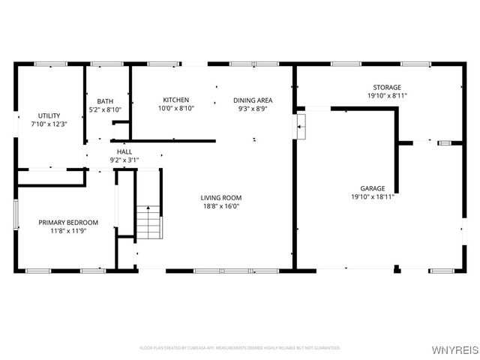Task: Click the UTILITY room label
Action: (39, 115)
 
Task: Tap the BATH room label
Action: (105, 101)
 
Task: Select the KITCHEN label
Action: (176, 100)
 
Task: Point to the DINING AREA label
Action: (253, 100)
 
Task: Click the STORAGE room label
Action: (387, 88)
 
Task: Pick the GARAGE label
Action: (372, 188)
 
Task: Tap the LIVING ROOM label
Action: (220, 198)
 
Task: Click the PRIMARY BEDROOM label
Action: (68, 222)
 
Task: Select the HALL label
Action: (124, 151)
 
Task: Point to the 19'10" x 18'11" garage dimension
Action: (372, 196)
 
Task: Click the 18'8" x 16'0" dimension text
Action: (220, 206)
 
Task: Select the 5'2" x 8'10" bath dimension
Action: (105, 109)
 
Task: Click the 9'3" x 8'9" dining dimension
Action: (253, 108)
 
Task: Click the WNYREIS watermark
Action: (457, 349)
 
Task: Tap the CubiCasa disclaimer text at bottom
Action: (239, 348)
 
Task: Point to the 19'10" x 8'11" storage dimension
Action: (387, 96)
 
